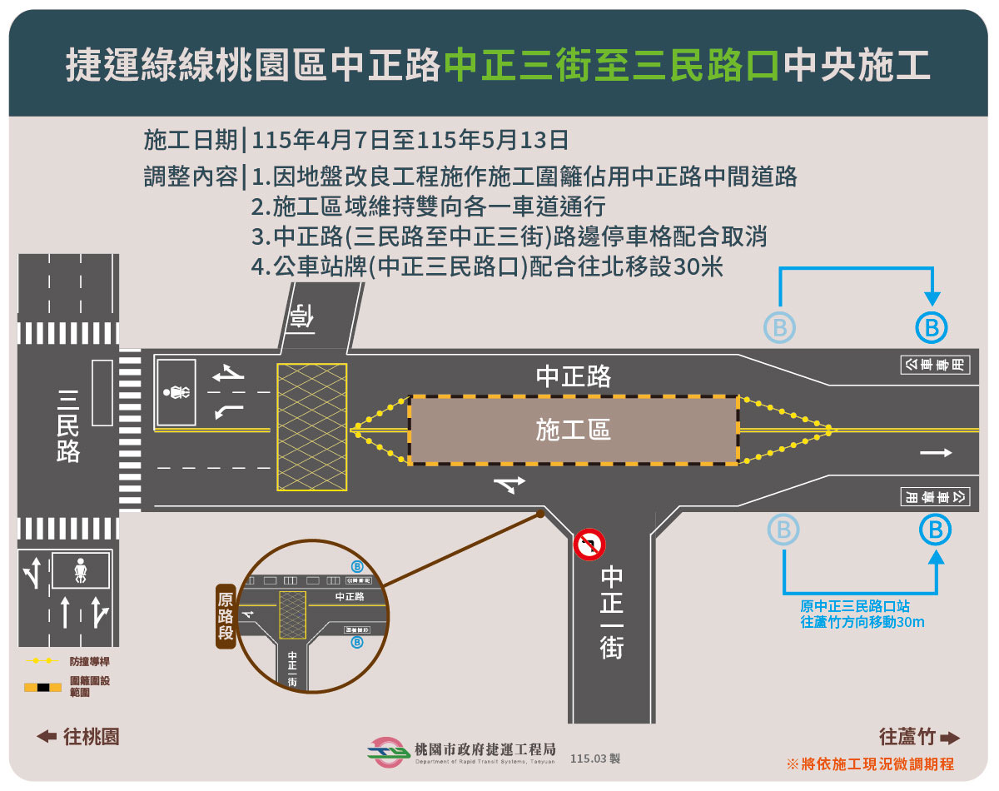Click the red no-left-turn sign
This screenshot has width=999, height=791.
click(589, 545)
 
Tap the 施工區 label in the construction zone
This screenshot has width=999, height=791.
click(573, 430)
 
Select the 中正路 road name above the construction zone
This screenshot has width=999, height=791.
click(573, 376)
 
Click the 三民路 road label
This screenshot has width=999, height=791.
click(67, 426)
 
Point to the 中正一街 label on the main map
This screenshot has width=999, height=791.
click(612, 612)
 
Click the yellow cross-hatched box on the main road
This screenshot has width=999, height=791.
click(311, 426)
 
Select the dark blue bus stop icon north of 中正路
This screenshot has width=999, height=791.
click(932, 327)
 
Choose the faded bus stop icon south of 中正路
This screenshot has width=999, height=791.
click(783, 530)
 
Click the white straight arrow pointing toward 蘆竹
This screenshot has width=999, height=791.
click(936, 452)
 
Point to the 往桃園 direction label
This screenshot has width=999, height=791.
click(79, 737)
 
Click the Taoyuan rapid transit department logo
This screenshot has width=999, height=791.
click(388, 753)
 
